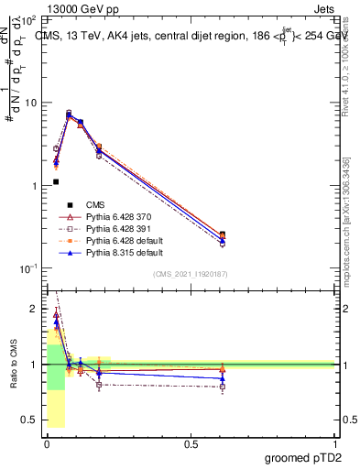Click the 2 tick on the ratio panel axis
tap(34, 310)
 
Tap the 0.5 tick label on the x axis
tap(191, 445)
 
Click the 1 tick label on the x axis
tap(334, 445)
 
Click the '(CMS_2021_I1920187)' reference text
tap(190, 274)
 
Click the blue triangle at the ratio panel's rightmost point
tap(223, 378)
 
